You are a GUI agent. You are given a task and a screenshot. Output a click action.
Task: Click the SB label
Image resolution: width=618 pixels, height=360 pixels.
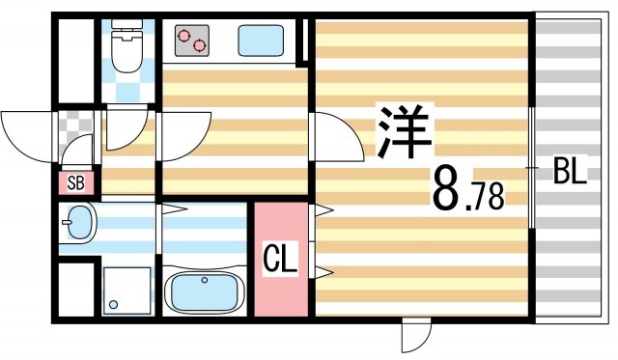pyautogui.click(x=76, y=182)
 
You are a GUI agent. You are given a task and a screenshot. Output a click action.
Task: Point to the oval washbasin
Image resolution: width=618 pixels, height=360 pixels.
pyautogui.click(x=80, y=226)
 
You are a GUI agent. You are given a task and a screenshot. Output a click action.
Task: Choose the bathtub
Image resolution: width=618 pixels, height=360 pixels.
pyautogui.click(x=206, y=290)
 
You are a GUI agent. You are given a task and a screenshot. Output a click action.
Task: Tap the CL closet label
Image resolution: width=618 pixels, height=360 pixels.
pyautogui.click(x=280, y=259)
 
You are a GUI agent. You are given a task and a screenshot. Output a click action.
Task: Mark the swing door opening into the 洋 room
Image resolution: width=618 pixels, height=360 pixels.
pyautogui.click(x=333, y=135)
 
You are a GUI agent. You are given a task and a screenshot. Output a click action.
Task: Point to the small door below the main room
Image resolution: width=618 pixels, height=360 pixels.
pyautogui.click(x=413, y=337)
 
